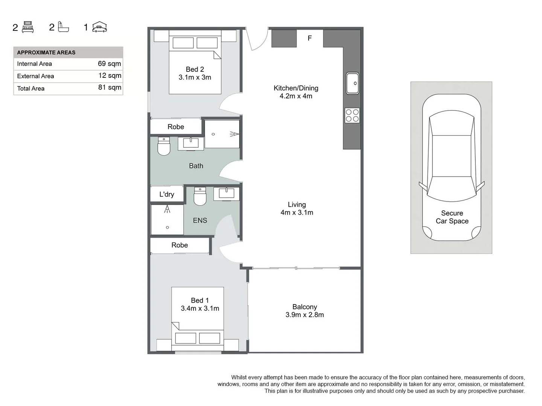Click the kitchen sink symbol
point(352,83)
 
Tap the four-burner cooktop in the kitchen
point(352,115)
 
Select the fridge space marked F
point(310,38)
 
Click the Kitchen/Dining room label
point(296,92)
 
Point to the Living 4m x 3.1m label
point(297,208)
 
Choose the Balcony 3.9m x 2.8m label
point(304,311)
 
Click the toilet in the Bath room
point(164,146)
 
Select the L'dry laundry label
point(167,194)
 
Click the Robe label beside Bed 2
point(176,127)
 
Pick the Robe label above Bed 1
point(180,245)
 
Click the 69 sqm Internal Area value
point(109,64)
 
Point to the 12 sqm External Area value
point(110,76)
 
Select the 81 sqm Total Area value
point(110,88)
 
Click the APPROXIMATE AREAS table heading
point(46,53)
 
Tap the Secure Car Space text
point(452,217)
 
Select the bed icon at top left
point(28,27)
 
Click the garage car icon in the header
point(99,27)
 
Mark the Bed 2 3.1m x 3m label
point(195,73)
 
